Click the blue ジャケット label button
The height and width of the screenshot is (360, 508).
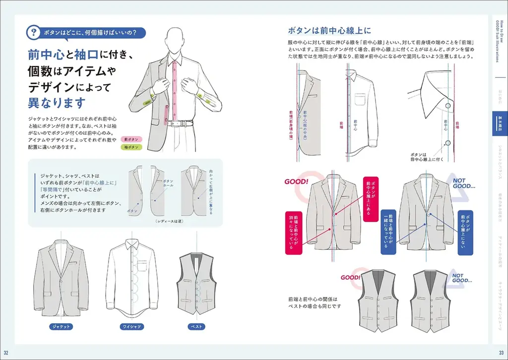click(62, 327)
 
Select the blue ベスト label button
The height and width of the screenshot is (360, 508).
click(196, 327)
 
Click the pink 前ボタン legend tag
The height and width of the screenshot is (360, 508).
click(131, 139)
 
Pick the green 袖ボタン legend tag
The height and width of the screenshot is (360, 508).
click(131, 147)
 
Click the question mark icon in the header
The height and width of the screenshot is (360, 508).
click(33, 33)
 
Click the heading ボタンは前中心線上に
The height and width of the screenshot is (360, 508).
click(326, 29)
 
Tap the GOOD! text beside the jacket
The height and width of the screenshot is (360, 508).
click(296, 182)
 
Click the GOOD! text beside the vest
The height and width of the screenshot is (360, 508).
click(350, 278)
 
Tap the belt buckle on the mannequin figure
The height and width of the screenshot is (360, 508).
click(176, 123)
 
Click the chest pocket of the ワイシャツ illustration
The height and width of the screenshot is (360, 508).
click(142, 266)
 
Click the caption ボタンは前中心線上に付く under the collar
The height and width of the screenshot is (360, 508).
click(426, 158)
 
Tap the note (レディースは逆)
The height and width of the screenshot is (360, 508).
click(169, 221)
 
